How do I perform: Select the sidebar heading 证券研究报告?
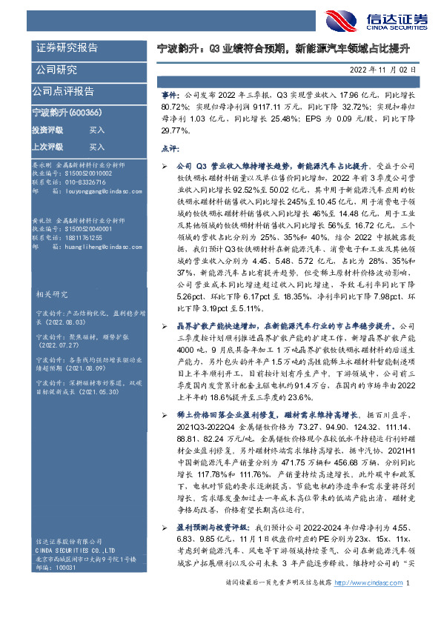[67, 47]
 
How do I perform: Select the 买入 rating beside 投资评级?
[96, 130]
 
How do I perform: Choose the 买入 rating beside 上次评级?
[96, 147]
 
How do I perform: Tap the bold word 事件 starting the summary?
[169, 96]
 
